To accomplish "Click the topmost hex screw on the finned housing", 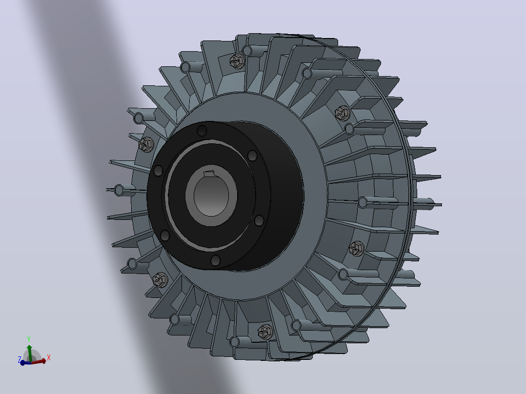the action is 238,61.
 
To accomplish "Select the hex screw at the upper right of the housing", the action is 343,113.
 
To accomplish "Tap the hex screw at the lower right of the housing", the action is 357,249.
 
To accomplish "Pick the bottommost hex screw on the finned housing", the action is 265,332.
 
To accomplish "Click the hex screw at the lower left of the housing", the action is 161,280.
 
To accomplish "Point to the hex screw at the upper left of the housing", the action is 146,144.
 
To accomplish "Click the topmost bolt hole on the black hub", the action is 202,130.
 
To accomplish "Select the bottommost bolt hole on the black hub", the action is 215,260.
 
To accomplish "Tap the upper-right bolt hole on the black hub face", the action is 252,156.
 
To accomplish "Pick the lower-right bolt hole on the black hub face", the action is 259,220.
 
